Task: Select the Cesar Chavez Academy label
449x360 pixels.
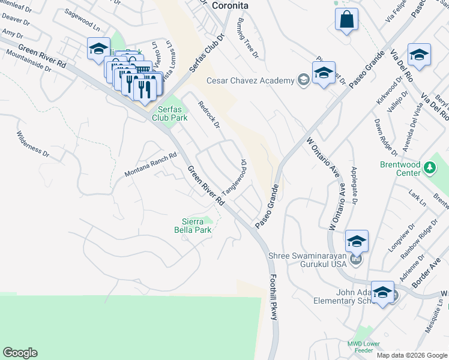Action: tap(250, 80)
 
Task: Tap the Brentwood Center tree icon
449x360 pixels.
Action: tap(429, 167)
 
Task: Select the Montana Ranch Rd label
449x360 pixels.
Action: tap(151, 164)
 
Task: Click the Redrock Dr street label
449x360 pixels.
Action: tap(209, 114)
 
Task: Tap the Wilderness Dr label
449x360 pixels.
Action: tap(32, 143)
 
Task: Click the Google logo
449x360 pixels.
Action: tap(20, 353)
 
